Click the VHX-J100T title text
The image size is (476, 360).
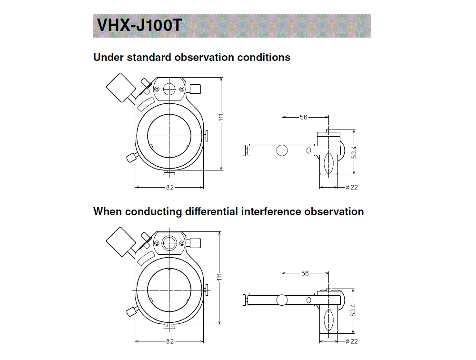[139, 25]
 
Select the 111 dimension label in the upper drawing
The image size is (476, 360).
[221, 117]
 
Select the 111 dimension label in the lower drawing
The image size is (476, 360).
[220, 277]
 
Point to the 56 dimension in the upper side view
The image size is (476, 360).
[304, 117]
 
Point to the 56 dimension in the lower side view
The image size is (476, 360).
[305, 273]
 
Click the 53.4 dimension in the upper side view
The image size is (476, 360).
[354, 152]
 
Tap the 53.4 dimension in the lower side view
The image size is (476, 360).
[353, 310]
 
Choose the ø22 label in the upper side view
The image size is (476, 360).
[352, 188]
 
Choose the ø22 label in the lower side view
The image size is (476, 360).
[352, 341]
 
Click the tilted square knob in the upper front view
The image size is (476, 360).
[121, 88]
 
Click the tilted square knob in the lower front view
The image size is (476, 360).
[121, 242]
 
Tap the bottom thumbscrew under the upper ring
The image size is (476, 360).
[169, 173]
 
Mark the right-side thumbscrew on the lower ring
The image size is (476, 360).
[207, 290]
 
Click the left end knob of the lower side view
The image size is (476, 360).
[244, 300]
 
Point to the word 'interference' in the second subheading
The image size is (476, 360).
[271, 211]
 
